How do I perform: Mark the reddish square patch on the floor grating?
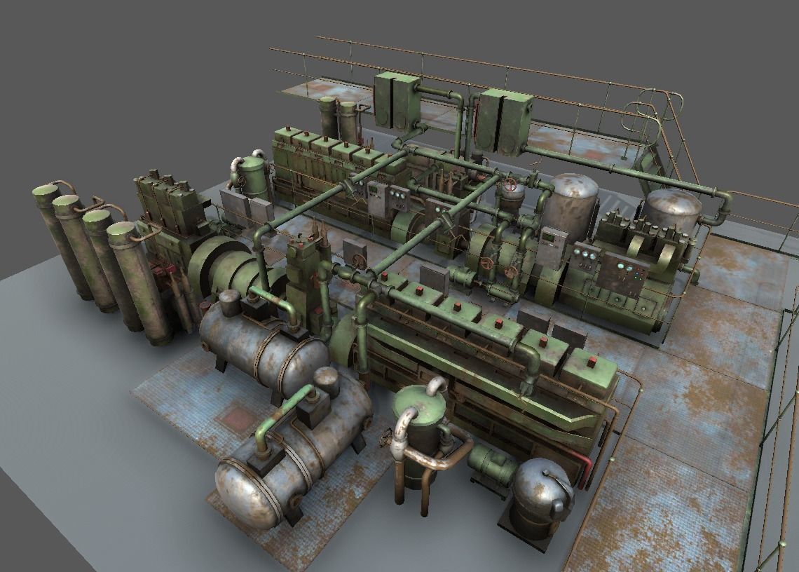coord(237,419)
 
